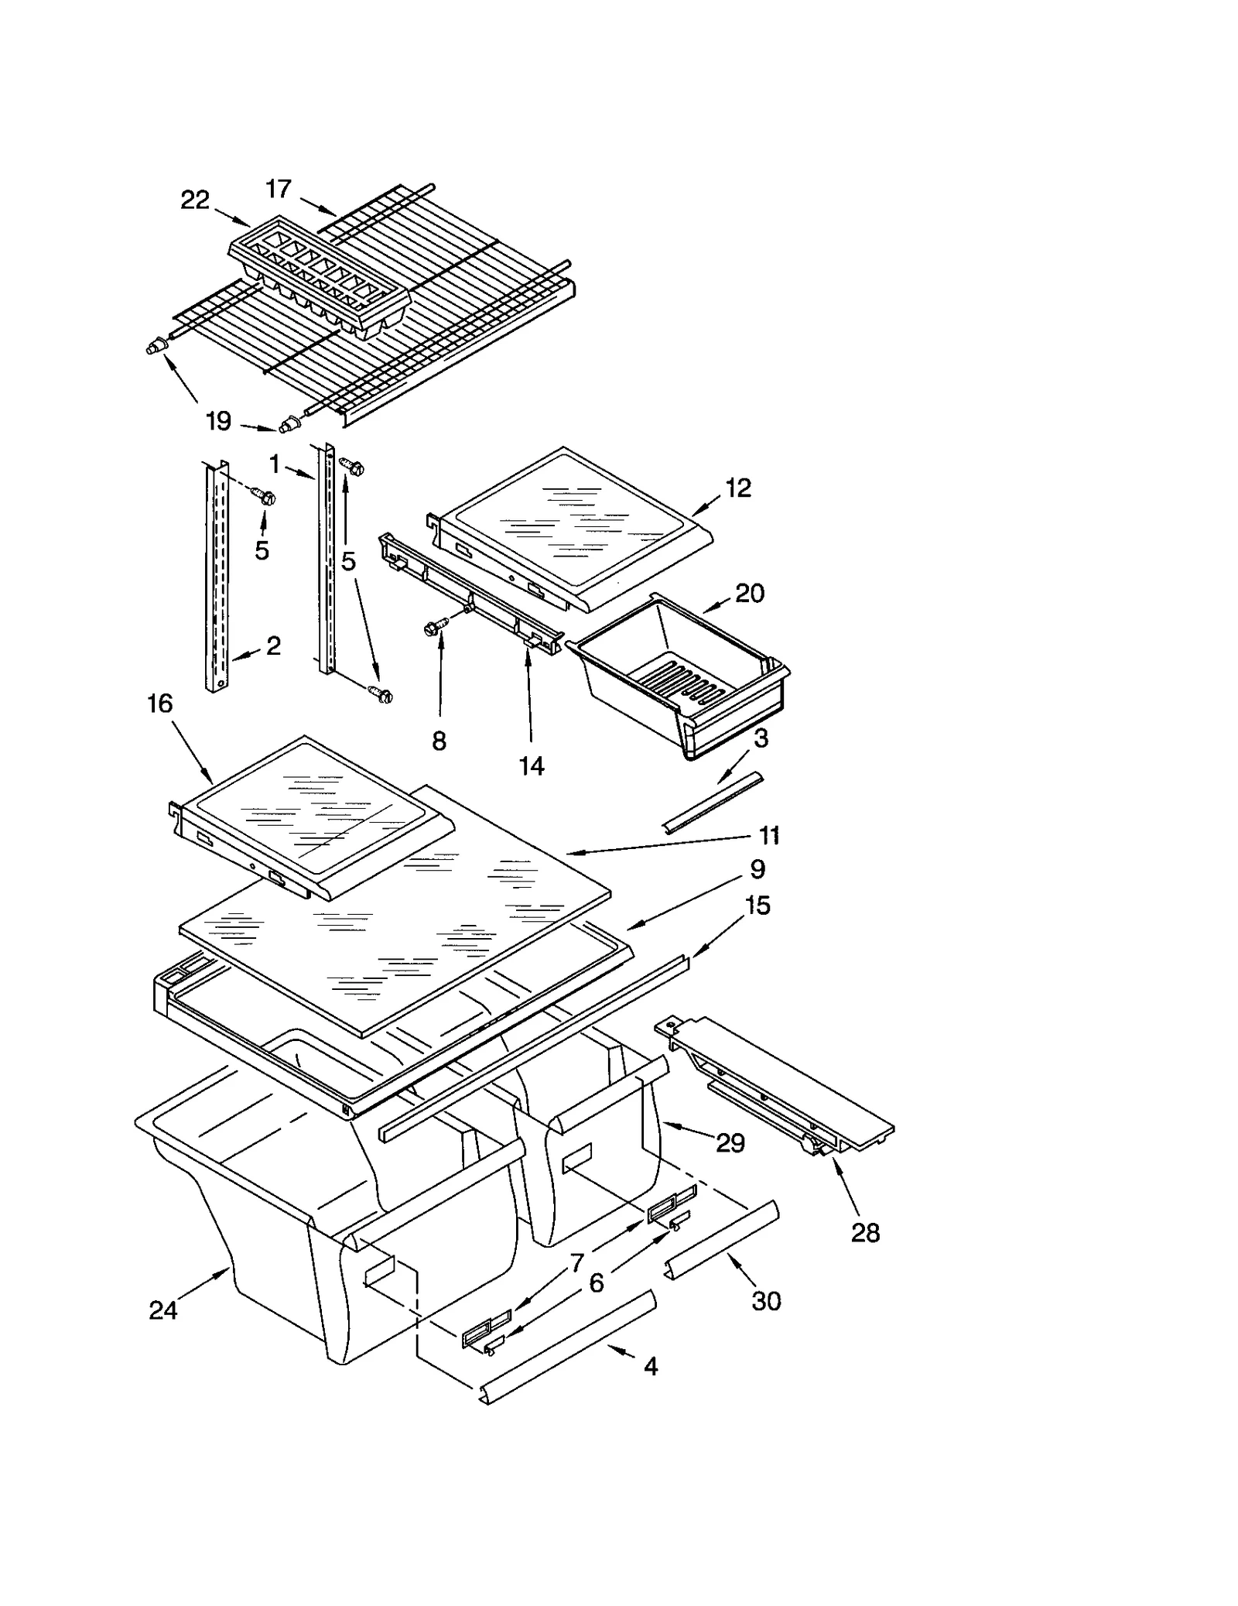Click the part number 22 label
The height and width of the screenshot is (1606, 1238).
click(195, 200)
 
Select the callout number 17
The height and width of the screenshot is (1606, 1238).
click(279, 189)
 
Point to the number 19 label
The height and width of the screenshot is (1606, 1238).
click(219, 422)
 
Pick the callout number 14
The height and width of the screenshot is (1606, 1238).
click(532, 765)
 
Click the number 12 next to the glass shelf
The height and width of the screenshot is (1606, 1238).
click(738, 488)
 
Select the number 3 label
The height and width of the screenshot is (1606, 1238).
click(761, 738)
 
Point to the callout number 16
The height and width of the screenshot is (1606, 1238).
click(159, 704)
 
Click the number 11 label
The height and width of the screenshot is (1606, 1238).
click(768, 836)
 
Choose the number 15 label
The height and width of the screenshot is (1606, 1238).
click(758, 905)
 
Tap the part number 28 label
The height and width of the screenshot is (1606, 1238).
click(865, 1233)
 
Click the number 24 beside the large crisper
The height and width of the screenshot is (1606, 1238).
click(163, 1310)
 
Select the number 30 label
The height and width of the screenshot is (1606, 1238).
click(766, 1301)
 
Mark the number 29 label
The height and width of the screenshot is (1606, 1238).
click(730, 1142)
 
